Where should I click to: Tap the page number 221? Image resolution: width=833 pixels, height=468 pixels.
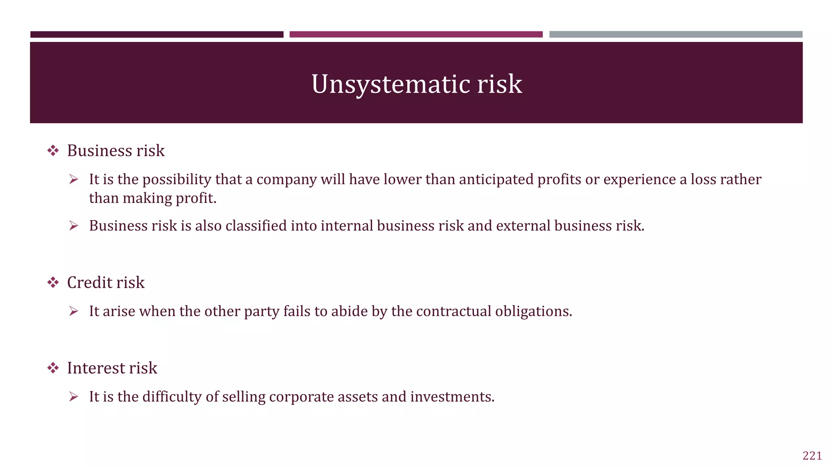click(x=812, y=456)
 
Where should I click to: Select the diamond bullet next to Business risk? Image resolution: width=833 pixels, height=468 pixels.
click(x=53, y=151)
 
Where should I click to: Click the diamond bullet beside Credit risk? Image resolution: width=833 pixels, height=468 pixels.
click(x=53, y=283)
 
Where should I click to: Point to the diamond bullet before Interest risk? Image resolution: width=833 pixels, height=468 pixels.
click(x=53, y=368)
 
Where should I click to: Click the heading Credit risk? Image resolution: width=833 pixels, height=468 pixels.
click(x=106, y=283)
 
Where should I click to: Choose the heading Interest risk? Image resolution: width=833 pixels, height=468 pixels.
click(x=112, y=368)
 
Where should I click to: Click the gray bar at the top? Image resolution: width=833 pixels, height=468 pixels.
click(x=676, y=35)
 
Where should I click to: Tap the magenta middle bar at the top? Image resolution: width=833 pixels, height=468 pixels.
click(x=416, y=35)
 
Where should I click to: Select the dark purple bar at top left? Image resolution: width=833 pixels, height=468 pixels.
click(x=157, y=35)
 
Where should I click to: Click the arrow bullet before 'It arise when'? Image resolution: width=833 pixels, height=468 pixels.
click(x=74, y=311)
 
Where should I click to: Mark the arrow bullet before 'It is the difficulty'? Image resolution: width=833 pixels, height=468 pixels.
click(x=74, y=397)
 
